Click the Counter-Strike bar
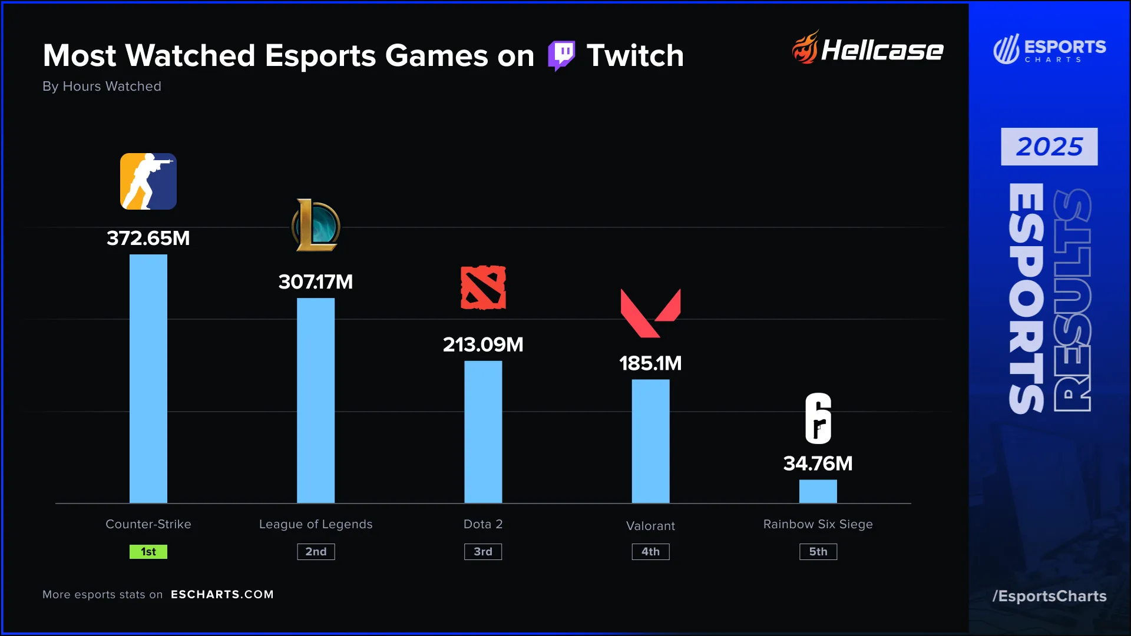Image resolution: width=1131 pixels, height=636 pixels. tap(148, 379)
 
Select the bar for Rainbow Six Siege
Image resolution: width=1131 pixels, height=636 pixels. tap(818, 491)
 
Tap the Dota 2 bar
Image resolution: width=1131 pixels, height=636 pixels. tap(483, 432)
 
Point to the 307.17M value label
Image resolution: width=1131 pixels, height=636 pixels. tap(316, 282)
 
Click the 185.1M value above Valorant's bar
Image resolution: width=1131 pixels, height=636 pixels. tap(650, 363)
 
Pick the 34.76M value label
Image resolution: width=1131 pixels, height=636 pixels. tap(818, 463)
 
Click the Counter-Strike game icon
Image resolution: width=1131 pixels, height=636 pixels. tap(148, 181)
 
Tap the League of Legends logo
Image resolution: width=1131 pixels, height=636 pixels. tap(316, 226)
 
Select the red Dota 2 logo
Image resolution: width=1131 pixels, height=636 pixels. tap(483, 287)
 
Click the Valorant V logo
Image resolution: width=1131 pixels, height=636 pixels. tap(650, 313)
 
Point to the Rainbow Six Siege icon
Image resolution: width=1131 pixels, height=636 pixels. tap(818, 418)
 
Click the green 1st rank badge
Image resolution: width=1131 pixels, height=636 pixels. tap(148, 552)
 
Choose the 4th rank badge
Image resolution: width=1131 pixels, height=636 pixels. tap(650, 552)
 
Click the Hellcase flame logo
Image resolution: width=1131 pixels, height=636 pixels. tap(805, 48)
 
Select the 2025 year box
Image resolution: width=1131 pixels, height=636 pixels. tap(1049, 147)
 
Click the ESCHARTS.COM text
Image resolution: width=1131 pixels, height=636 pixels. tap(222, 595)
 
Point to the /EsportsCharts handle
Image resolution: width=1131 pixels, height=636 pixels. tap(1049, 596)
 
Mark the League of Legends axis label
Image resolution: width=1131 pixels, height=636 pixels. tap(316, 524)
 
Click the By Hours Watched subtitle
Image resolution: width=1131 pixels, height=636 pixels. tap(102, 87)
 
